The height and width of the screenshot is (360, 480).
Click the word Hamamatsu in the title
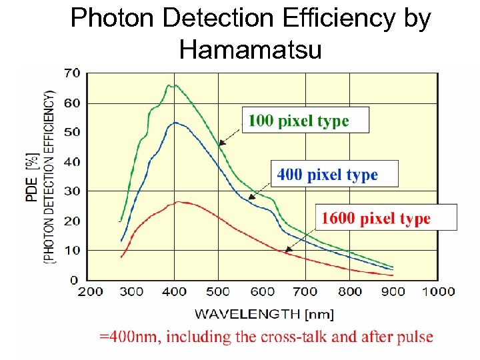click(x=250, y=49)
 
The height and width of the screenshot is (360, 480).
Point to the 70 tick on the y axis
click(x=71, y=73)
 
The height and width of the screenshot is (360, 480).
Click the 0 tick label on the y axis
click(x=74, y=279)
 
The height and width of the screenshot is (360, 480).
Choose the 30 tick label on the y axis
click(x=71, y=191)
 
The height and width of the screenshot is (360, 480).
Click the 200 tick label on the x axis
click(x=91, y=291)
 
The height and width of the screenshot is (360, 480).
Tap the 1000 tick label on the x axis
click(x=437, y=291)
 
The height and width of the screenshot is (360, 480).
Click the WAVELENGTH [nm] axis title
click(x=264, y=313)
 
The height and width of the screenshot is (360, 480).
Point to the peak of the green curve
click(x=171, y=85)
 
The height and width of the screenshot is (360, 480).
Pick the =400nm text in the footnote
click(x=129, y=337)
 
